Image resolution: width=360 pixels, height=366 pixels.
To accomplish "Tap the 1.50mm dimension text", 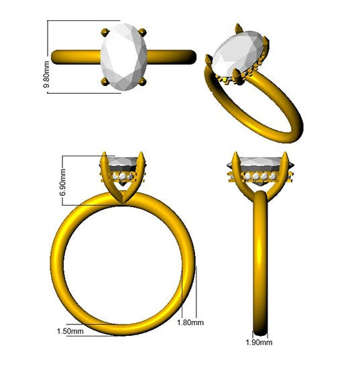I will [70, 330].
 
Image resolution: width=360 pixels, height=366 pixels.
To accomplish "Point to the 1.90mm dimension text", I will [261, 343].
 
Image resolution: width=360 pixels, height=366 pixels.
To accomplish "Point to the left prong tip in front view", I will [105, 158].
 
